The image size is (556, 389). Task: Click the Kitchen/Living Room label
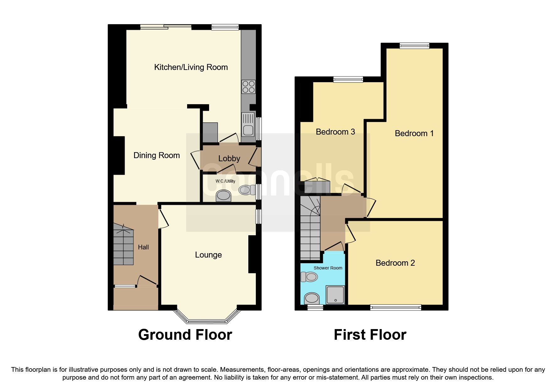(x=191, y=67)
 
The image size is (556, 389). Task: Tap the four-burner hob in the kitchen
(x=248, y=87)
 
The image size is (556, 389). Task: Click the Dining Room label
(x=156, y=155)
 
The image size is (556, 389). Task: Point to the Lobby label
(x=229, y=158)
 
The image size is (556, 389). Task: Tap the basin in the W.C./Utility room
(x=224, y=196)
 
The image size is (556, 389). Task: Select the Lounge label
(x=208, y=255)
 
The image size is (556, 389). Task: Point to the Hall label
(x=143, y=247)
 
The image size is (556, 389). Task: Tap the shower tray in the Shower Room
(x=335, y=295)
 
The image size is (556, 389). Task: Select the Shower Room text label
(x=328, y=268)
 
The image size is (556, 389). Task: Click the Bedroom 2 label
(x=395, y=263)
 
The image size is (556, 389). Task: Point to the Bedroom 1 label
(x=414, y=133)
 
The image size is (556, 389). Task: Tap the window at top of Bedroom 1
(x=414, y=46)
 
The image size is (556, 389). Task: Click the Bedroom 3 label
(x=335, y=132)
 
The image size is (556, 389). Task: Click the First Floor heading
(x=370, y=335)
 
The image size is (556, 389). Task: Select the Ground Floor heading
(x=185, y=335)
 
